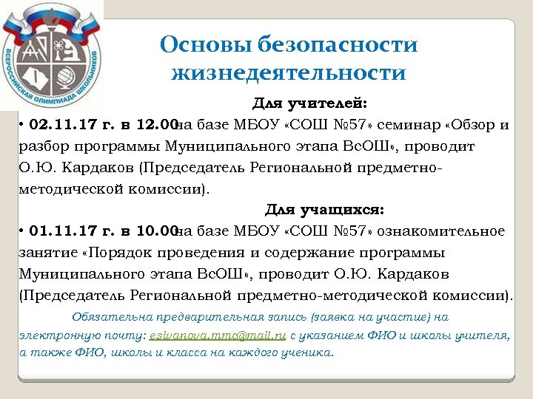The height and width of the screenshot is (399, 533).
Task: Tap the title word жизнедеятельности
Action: tap(289, 73)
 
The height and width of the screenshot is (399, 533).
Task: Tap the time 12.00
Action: tap(158, 125)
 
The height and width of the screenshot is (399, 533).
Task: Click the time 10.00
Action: tap(158, 231)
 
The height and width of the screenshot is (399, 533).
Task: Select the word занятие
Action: tap(47, 252)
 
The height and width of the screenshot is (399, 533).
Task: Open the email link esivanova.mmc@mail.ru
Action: tap(218, 335)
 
